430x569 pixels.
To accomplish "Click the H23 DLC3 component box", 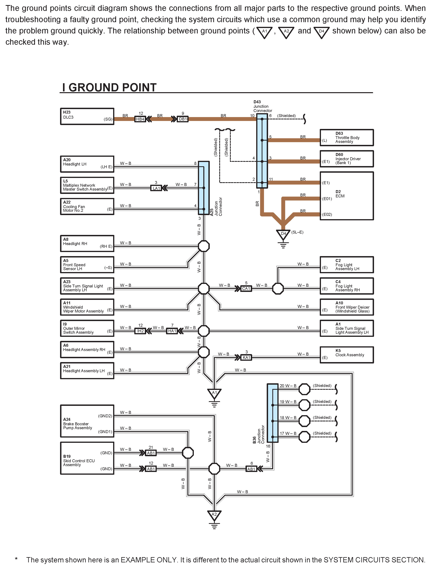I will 87,116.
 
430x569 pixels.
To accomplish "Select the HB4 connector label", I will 140,119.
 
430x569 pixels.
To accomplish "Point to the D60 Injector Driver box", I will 346,159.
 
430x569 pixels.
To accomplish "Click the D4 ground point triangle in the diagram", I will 283,234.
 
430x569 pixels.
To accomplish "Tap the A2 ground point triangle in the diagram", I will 214,515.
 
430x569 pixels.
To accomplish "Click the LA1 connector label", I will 156,188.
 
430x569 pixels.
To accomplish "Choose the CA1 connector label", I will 246,289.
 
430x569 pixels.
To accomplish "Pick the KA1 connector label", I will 246,358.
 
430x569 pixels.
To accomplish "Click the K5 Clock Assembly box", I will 346,355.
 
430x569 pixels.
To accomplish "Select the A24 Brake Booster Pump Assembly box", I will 87,421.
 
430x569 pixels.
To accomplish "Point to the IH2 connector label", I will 140,331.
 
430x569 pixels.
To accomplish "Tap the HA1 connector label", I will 172,331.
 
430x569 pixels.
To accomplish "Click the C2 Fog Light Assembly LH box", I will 346,265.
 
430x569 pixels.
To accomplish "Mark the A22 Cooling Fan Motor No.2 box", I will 87,206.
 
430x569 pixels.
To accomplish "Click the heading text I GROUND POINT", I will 109,88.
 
